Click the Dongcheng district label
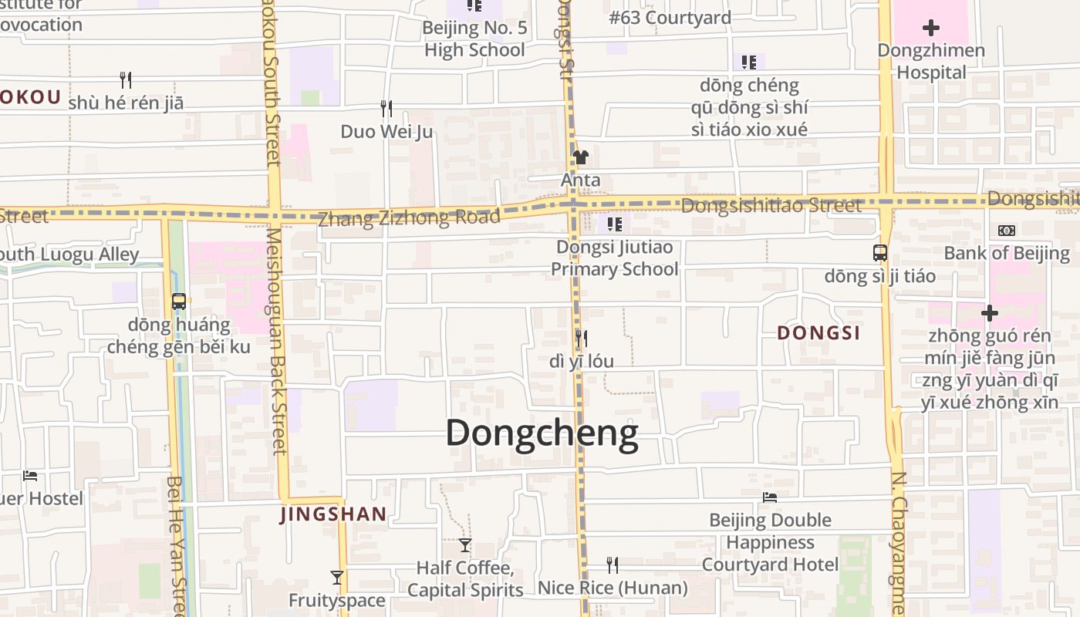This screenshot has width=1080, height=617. click(x=542, y=433)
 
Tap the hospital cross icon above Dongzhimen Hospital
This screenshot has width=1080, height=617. click(x=931, y=29)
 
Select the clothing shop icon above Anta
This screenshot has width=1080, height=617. click(x=581, y=157)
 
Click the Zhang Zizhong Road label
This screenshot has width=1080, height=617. click(x=409, y=217)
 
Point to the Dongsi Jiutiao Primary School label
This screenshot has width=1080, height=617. click(x=615, y=258)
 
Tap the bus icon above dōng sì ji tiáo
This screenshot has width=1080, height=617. click(x=879, y=252)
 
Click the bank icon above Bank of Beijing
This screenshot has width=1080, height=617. click(x=1007, y=231)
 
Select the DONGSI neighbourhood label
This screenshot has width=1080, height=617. click(x=818, y=333)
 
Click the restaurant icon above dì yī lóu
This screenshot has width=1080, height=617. click(x=581, y=338)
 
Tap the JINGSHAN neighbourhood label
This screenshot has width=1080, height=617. click(x=333, y=514)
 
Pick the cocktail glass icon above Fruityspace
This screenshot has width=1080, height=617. click(x=337, y=578)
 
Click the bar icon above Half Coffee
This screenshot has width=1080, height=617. click(x=464, y=545)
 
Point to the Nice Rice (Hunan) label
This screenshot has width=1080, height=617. click(x=613, y=588)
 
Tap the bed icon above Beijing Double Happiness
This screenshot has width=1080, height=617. click(x=770, y=497)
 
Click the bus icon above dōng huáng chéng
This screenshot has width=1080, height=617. click(x=179, y=302)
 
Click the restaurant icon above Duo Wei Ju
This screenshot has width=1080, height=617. click(x=386, y=109)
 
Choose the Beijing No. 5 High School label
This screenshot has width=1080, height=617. click(x=474, y=39)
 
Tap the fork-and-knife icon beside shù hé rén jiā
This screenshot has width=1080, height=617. click(x=125, y=79)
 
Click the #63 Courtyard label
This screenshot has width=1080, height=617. click(x=670, y=18)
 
